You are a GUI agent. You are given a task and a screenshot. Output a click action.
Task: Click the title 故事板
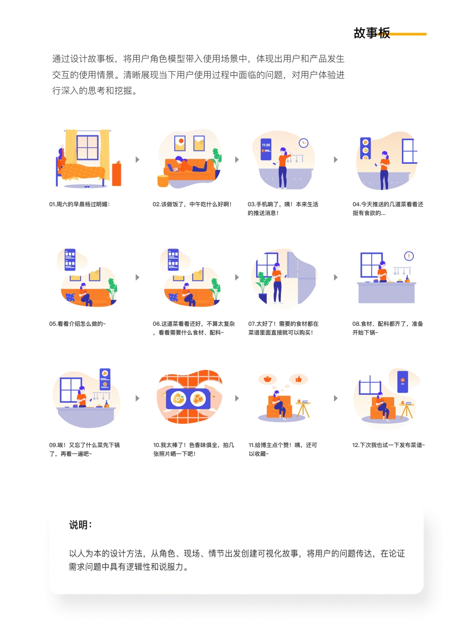[x=371, y=33]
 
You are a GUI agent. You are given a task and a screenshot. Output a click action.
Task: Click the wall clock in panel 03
[x=304, y=143]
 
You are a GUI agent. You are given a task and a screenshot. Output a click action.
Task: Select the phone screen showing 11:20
[x=266, y=148]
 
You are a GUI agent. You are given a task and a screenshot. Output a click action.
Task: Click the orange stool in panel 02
[x=163, y=181]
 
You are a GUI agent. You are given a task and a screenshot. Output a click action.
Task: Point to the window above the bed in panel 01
[x=88, y=148]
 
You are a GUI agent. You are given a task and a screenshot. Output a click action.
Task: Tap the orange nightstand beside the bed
[x=116, y=174]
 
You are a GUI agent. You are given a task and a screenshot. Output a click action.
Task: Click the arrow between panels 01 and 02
[x=138, y=160]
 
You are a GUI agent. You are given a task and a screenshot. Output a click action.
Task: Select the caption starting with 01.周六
[x=79, y=204]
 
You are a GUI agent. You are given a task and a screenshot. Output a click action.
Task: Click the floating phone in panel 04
[x=365, y=148]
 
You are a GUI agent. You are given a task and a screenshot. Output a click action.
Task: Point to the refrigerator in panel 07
[x=301, y=277]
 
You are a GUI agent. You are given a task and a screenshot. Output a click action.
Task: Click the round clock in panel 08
[x=409, y=256]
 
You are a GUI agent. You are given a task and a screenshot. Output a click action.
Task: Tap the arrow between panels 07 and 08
[x=336, y=278]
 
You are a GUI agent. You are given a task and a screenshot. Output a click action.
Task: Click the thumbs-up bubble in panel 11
[x=299, y=379]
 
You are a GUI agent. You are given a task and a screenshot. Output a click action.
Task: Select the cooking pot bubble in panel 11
[x=268, y=379]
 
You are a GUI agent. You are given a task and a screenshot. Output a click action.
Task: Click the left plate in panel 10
[x=178, y=398]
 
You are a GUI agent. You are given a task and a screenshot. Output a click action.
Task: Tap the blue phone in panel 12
[x=402, y=381]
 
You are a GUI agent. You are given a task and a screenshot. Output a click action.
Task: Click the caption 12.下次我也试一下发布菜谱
[x=388, y=445]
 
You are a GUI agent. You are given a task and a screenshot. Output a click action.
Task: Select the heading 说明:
[x=80, y=525]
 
